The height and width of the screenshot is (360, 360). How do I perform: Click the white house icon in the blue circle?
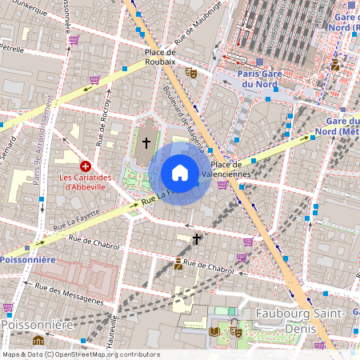coord(180,173)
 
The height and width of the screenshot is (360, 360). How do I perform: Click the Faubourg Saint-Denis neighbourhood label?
coord(300,320)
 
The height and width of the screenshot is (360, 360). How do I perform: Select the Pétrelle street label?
coord(12,48)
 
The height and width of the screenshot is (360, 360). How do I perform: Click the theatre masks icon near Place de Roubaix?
coord(190,72)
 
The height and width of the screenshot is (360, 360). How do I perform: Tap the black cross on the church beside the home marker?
coord(146,142)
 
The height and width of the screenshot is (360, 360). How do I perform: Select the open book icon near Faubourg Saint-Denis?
coord(214,331)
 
